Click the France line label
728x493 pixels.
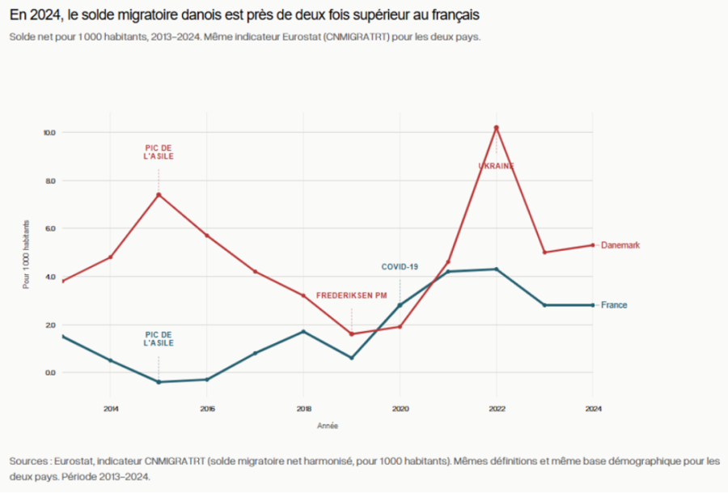tap(614, 305)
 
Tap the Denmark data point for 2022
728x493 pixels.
tap(496, 128)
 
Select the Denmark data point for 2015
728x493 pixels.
tap(159, 194)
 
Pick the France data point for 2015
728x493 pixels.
tap(159, 382)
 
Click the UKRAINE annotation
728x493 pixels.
tap(496, 166)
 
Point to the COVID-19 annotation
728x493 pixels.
tap(400, 266)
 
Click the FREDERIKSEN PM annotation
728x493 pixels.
tap(351, 295)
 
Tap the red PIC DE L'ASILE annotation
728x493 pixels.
tap(159, 151)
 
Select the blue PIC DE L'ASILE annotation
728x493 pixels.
tap(159, 338)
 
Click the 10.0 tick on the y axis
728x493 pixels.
tap(49, 132)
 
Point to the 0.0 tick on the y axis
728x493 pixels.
tap(49, 372)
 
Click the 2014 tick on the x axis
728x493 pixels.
tap(111, 408)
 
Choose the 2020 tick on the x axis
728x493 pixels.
tap(400, 408)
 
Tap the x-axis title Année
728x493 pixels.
tap(328, 425)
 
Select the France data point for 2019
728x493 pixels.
tap(351, 358)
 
